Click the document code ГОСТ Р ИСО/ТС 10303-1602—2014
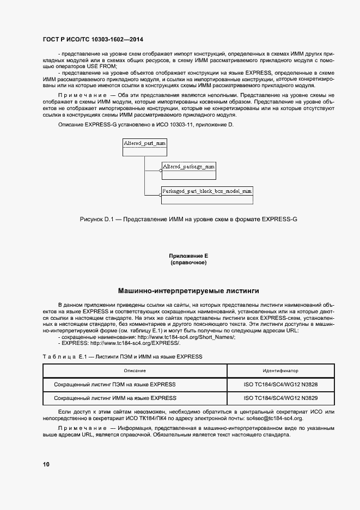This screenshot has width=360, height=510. point(93,40)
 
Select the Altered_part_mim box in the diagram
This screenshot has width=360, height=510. point(144,143)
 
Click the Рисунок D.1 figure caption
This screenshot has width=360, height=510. point(188,219)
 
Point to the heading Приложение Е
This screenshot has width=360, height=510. point(188,256)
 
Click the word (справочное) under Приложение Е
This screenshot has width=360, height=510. point(188,263)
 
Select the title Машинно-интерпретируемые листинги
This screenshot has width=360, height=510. point(188,291)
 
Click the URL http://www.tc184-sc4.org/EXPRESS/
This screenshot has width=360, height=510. point(135,343)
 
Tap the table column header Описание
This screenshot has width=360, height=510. point(135,371)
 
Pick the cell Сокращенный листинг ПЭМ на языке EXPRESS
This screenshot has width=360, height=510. point(115,384)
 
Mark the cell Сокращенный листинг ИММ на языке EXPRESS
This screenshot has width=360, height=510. point(115,398)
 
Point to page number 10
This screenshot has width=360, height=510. point(46,464)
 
